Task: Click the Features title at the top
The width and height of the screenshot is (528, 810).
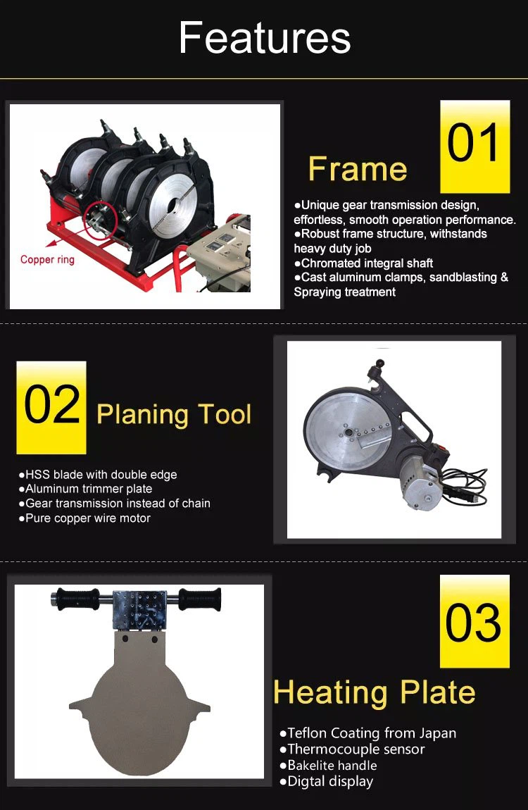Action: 264,38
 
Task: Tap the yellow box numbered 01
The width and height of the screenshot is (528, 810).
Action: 474,147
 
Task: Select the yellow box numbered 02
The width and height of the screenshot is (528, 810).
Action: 51,408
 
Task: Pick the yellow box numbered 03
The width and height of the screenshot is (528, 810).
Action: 474,621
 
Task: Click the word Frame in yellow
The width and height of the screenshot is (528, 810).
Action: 358,169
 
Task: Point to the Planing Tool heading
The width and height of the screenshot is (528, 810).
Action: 174,415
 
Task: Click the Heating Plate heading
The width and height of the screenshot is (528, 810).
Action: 375,693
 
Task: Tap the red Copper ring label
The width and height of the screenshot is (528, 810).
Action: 47,259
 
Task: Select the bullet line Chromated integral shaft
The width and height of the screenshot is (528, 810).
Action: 363,263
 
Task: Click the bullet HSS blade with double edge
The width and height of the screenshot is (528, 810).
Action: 98,474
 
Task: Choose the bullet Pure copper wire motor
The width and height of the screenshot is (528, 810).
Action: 84,518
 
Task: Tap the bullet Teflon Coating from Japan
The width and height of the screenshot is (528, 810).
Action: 368,733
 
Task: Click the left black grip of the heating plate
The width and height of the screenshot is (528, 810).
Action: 77,599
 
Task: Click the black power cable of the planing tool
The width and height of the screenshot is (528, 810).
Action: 465,485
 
